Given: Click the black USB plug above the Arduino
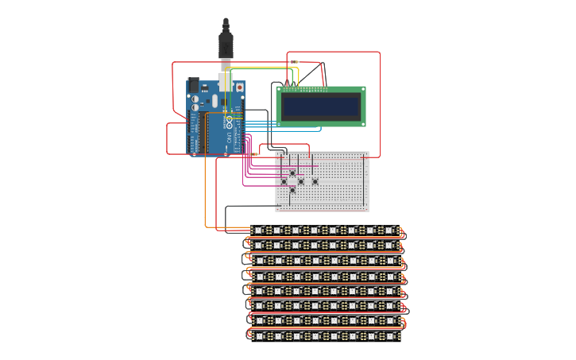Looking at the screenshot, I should pyautogui.click(x=226, y=45).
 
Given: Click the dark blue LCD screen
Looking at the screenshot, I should pyautogui.click(x=321, y=106).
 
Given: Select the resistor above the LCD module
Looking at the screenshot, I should pyautogui.click(x=295, y=61).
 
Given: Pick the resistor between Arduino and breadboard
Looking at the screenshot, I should pyautogui.click(x=253, y=154).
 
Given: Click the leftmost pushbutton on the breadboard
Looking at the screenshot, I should pyautogui.click(x=284, y=181).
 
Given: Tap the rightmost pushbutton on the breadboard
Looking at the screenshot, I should pyautogui.click(x=315, y=181).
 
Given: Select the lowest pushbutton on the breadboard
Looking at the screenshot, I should pyautogui.click(x=292, y=190).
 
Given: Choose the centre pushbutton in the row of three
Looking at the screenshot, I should pyautogui.click(x=300, y=181).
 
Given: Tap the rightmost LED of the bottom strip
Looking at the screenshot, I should pyautogui.click(x=389, y=336).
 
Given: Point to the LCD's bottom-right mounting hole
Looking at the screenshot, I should pyautogui.click(x=363, y=124).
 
